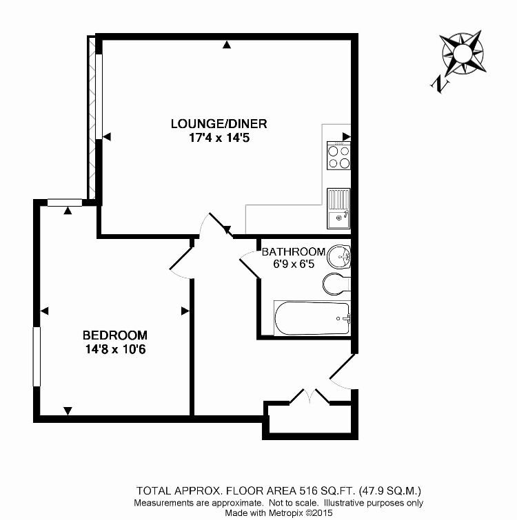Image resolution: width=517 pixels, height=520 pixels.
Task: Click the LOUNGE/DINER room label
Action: click(x=219, y=124)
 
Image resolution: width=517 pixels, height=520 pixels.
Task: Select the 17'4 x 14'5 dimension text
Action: click(x=219, y=137)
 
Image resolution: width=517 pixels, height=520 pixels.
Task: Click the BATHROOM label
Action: click(x=293, y=251)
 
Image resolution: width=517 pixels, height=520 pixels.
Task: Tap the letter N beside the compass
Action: click(x=438, y=84)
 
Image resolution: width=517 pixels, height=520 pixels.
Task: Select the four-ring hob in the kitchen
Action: click(x=338, y=156)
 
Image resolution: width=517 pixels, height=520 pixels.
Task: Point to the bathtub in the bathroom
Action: click(x=312, y=318)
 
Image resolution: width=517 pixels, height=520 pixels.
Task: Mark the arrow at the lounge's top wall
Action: click(x=227, y=45)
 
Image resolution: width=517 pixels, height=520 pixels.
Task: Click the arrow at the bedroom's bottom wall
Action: click(x=68, y=411)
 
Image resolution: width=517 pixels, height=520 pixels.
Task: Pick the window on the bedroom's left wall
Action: click(x=37, y=356)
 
